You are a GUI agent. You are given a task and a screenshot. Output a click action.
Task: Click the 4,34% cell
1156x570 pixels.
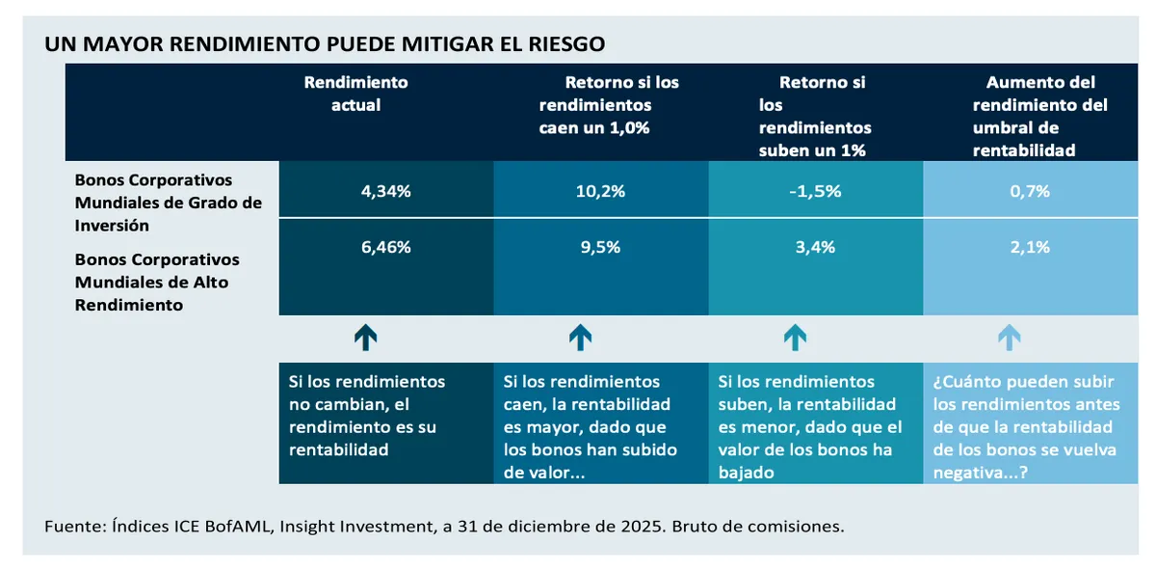coord(385,191)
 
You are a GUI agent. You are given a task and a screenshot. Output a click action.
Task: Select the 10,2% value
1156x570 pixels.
coord(600,191)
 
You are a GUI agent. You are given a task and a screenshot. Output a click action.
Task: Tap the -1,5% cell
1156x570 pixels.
coord(816,191)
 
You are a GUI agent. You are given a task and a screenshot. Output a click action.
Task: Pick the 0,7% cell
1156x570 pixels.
coord(1031,191)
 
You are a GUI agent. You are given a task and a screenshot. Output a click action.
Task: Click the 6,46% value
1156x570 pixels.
coord(385,247)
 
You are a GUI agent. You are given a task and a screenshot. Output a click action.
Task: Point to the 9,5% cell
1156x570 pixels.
coord(600,247)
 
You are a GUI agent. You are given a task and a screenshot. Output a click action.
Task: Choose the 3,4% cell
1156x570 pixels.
coord(816,247)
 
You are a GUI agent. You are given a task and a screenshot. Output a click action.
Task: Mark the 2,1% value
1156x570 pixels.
coord(1031,247)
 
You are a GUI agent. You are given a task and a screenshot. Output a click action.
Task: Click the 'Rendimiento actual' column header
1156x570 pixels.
coord(356,94)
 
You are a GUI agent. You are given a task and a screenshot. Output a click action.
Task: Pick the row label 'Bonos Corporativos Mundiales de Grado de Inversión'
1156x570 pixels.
coord(168,203)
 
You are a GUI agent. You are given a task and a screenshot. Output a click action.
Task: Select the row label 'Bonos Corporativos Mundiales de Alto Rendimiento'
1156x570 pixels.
coord(157,282)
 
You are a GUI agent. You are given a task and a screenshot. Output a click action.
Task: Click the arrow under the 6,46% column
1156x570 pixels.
coord(365,337)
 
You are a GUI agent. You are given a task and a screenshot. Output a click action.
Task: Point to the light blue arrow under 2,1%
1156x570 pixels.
coord(1009,337)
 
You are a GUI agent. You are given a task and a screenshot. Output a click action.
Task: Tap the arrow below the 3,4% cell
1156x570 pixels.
coord(795,337)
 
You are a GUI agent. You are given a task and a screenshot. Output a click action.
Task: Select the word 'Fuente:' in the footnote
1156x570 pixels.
coord(74,527)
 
